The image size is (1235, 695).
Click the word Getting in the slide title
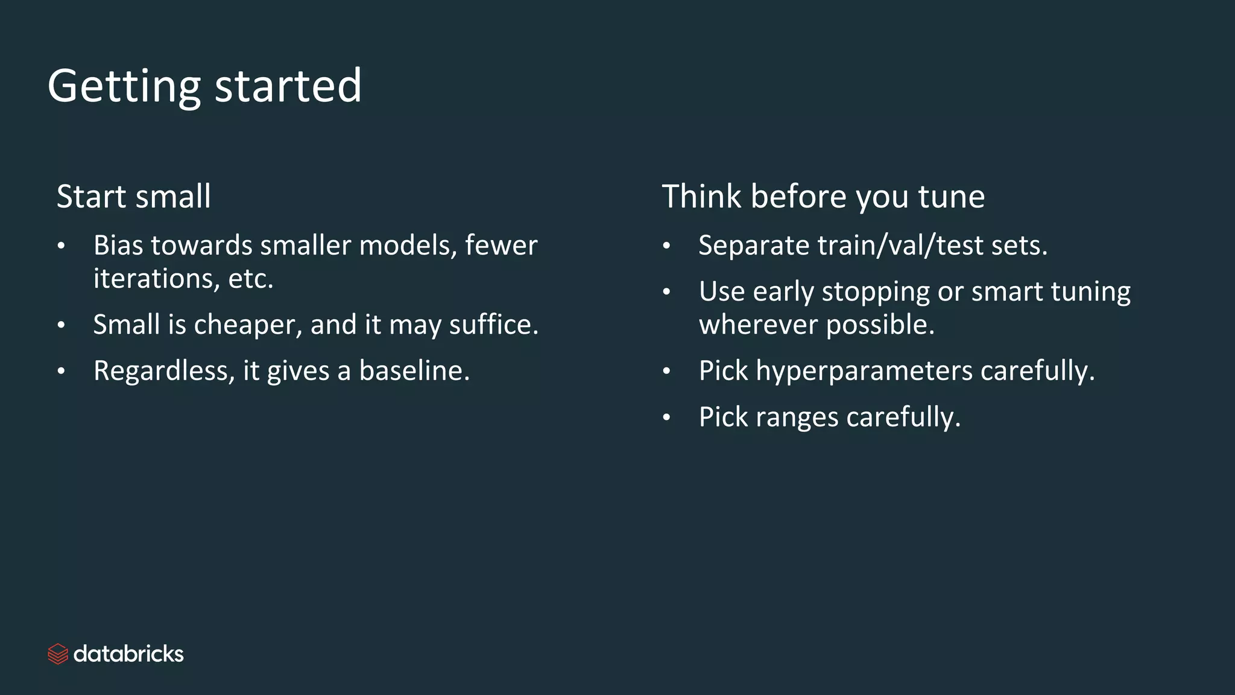[x=124, y=87]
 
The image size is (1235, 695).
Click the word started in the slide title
[x=288, y=86]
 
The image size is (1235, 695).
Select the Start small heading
[x=134, y=197]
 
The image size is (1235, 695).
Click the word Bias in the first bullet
[x=118, y=246]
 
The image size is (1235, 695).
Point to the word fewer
[x=501, y=246]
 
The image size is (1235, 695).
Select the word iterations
[x=156, y=279]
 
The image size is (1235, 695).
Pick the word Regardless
[x=163, y=371]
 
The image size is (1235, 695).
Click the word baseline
[x=414, y=371]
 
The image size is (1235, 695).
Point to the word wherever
[x=758, y=325]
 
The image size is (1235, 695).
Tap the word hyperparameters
[x=864, y=371]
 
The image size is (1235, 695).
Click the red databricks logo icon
[x=58, y=654]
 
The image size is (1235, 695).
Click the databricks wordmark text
[x=128, y=654]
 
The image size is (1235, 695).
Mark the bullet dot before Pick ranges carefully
[x=666, y=417]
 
